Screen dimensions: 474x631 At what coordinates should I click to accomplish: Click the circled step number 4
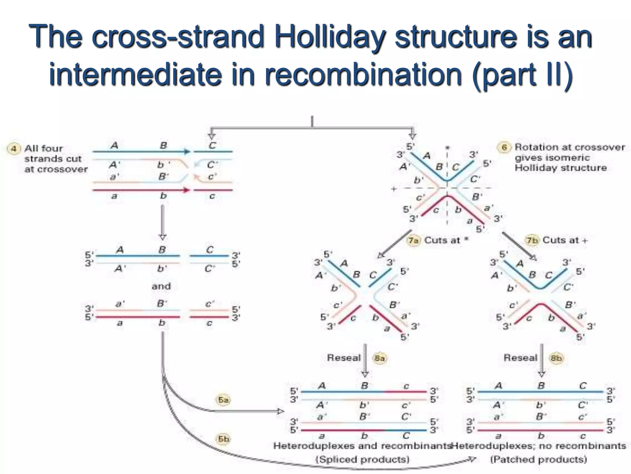pyautogui.click(x=14, y=149)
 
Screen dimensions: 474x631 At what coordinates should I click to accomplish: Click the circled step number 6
pyautogui.click(x=504, y=148)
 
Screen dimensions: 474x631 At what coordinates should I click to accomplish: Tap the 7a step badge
pyautogui.click(x=413, y=240)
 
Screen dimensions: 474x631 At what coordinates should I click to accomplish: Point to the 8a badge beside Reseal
pyautogui.click(x=380, y=358)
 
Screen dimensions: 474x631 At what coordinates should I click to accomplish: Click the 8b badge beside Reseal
pyautogui.click(x=556, y=358)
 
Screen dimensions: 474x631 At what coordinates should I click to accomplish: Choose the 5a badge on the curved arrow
pyautogui.click(x=223, y=400)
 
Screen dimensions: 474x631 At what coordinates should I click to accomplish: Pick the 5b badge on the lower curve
pyautogui.click(x=223, y=439)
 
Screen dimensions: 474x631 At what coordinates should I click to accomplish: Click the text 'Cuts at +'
pyautogui.click(x=565, y=240)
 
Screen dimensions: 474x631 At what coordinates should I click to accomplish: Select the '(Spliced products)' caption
pyautogui.click(x=363, y=459)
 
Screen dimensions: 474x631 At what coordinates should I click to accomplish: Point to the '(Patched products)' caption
pyautogui.click(x=539, y=459)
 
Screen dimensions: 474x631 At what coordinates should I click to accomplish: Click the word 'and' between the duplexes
pyautogui.click(x=161, y=286)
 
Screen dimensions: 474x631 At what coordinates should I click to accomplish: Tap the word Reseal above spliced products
pyautogui.click(x=344, y=358)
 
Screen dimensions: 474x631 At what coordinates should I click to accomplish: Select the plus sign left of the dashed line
pyautogui.click(x=393, y=189)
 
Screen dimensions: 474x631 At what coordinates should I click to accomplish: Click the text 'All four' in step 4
pyautogui.click(x=43, y=148)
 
